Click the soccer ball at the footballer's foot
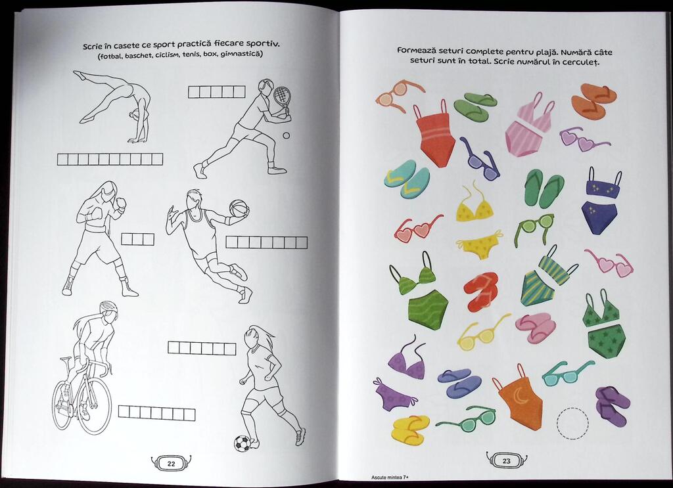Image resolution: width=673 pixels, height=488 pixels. (x=242, y=443)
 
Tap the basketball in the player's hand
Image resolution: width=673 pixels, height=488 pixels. (x=239, y=209)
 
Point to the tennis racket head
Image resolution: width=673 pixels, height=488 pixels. (x=280, y=95)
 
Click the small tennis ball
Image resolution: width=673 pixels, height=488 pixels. (x=286, y=135)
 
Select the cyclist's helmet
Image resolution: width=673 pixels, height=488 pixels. (x=108, y=307)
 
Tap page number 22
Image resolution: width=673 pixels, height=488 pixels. (x=172, y=464)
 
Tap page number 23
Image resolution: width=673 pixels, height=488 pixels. (x=507, y=461)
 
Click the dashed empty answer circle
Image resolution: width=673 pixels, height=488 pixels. (x=572, y=424)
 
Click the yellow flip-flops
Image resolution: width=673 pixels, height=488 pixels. (x=411, y=428)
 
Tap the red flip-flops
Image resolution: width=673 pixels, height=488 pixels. (x=480, y=291)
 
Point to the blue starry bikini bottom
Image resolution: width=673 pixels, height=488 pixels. (x=600, y=218)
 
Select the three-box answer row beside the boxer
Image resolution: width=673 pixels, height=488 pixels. (x=138, y=239)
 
